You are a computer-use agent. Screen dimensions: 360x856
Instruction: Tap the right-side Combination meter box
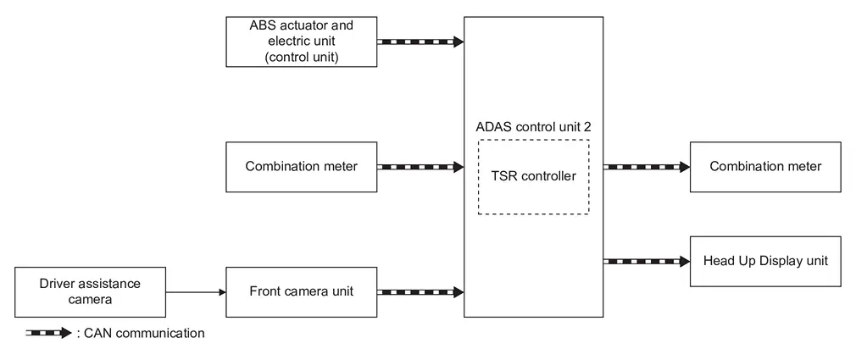click(x=765, y=166)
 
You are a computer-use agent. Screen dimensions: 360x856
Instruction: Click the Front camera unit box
click(x=301, y=291)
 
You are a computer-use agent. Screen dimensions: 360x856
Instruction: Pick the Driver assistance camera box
click(x=90, y=291)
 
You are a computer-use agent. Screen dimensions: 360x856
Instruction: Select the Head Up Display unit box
click(x=765, y=261)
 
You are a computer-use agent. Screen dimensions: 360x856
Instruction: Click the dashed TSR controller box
click(x=533, y=176)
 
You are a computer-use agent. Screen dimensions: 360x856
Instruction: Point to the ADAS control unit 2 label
click(x=533, y=126)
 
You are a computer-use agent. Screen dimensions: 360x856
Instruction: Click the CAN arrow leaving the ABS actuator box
click(x=420, y=42)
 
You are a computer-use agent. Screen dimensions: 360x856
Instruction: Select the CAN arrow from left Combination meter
click(x=420, y=167)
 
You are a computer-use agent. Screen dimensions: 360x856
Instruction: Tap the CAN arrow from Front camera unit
click(x=420, y=292)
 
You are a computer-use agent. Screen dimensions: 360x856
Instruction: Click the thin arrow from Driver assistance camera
click(x=195, y=292)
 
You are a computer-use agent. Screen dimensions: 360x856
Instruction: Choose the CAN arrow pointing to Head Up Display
click(x=647, y=261)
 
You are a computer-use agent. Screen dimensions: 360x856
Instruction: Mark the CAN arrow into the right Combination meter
click(x=647, y=167)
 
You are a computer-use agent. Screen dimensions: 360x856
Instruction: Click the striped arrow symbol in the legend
click(x=48, y=333)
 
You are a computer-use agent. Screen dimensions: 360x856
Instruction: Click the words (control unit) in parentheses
click(x=301, y=58)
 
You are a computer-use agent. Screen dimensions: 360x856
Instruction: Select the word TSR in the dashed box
click(x=506, y=176)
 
